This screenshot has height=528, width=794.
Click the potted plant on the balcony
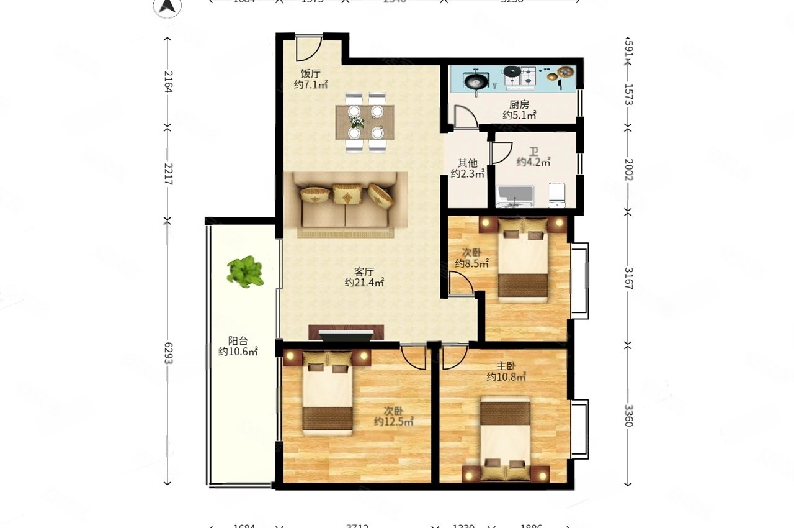[245, 271]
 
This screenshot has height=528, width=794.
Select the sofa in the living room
[346, 204]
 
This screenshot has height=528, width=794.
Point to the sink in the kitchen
[476, 80]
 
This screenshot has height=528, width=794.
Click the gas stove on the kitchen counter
[520, 76]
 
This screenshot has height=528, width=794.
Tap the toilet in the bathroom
[556, 194]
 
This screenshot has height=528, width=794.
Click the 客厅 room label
[364, 272]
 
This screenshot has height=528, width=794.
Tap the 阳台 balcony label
[238, 340]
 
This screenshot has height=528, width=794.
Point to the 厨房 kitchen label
[519, 104]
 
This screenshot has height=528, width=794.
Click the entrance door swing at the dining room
[308, 48]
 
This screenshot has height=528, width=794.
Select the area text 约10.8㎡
[506, 376]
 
